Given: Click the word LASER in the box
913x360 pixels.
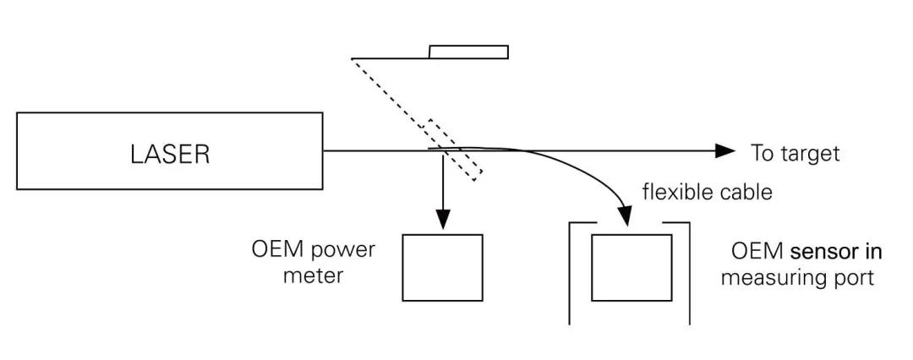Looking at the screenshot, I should coord(170,154).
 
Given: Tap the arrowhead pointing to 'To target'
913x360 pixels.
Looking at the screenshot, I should coord(725,151).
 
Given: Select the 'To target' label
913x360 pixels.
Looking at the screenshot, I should coord(795,153).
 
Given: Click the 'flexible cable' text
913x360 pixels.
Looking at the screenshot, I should coord(707,192).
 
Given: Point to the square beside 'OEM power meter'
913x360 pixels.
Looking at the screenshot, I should coord(442,267).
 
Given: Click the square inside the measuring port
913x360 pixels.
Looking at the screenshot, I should coord(631,267).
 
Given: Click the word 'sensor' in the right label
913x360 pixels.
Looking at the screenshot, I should coord(820,252).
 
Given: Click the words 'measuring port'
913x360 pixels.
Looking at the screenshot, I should coord(797,277).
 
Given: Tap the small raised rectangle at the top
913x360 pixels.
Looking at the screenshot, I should coord(468,52).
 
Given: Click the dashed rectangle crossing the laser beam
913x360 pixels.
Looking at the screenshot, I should coord(454,149).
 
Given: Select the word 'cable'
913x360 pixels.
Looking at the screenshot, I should coord(748,192).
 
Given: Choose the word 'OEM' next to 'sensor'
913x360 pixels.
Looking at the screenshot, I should coord(757,252).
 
